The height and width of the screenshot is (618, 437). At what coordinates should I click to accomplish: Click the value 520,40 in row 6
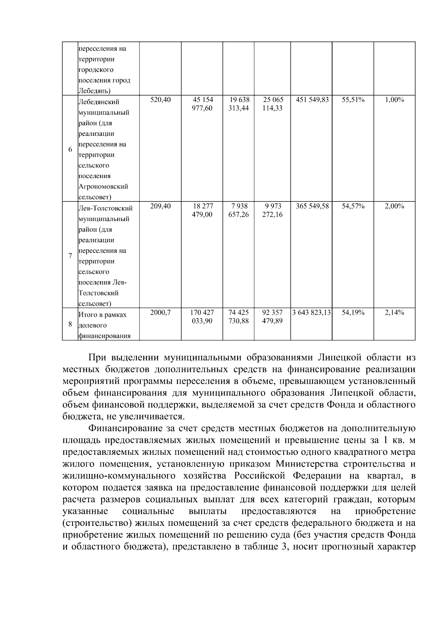click(x=160, y=99)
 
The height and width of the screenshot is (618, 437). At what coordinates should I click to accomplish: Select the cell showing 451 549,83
click(x=312, y=99)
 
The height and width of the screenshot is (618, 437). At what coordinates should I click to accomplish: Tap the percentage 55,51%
click(x=353, y=99)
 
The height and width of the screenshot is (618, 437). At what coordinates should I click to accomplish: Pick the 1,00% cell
click(x=394, y=99)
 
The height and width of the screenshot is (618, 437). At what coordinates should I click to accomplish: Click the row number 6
click(x=70, y=150)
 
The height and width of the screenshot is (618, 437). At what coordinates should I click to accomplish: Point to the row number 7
click(x=70, y=256)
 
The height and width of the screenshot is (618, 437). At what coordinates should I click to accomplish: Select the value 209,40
click(x=160, y=206)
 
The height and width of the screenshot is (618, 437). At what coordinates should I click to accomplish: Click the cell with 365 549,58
click(x=312, y=206)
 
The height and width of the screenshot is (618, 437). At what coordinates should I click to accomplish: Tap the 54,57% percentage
click(x=353, y=206)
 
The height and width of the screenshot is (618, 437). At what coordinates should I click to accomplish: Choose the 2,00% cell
click(x=394, y=206)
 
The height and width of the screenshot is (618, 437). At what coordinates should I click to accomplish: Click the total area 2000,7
click(x=160, y=312)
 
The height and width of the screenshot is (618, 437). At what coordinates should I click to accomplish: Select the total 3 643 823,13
click(x=311, y=312)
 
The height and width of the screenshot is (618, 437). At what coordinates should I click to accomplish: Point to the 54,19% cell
click(x=353, y=312)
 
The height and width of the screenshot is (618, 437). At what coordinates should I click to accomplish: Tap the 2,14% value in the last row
click(x=394, y=312)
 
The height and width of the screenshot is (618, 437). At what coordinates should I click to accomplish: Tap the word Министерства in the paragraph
click(x=311, y=464)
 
